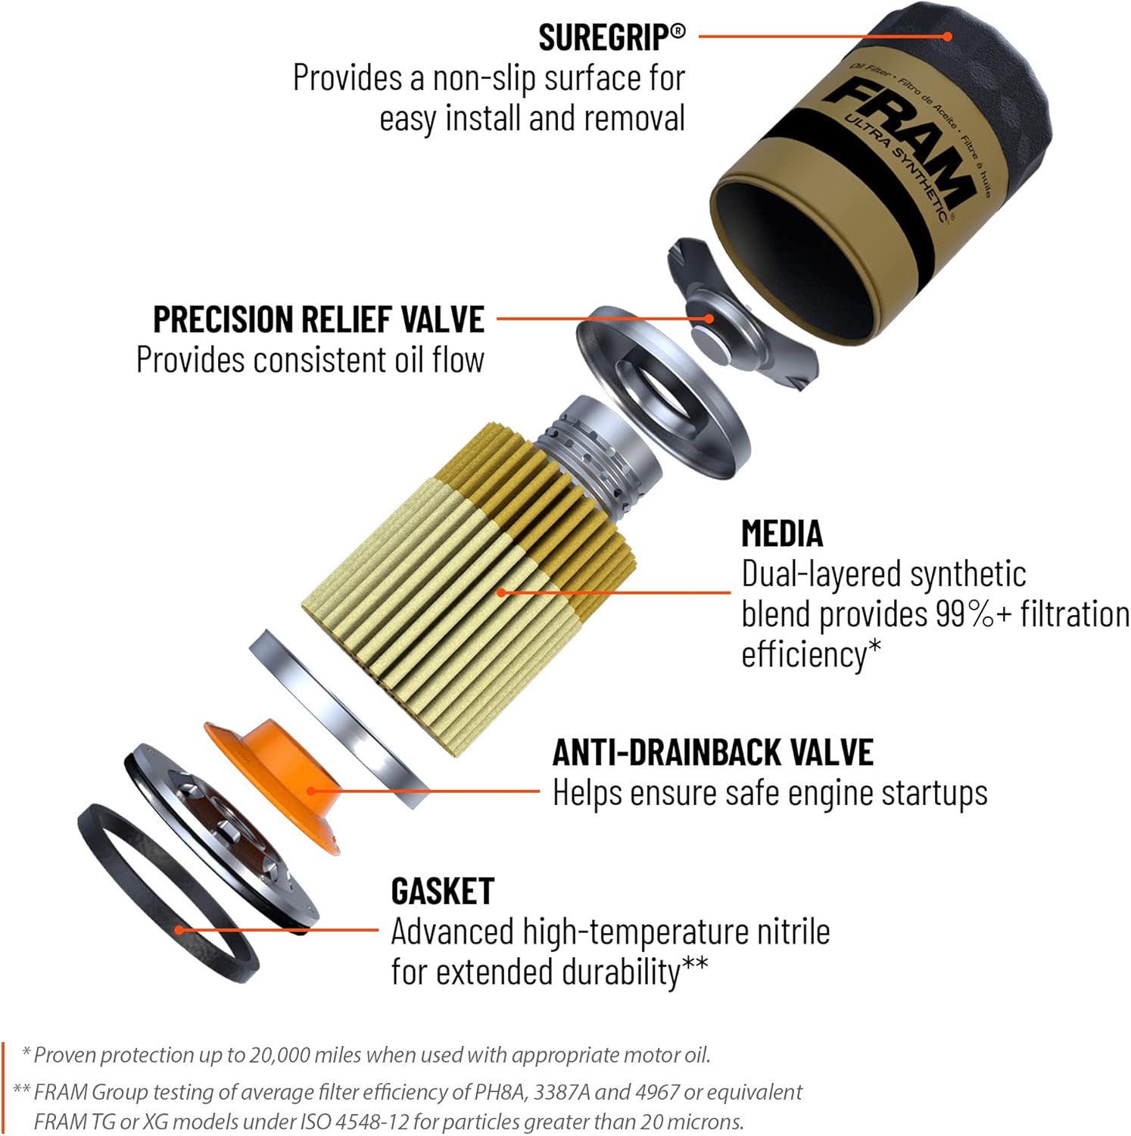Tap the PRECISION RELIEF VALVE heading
point(319,320)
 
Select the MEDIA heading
point(781,533)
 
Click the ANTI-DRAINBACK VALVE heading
point(712,752)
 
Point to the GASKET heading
point(442,891)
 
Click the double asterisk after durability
point(695,964)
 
